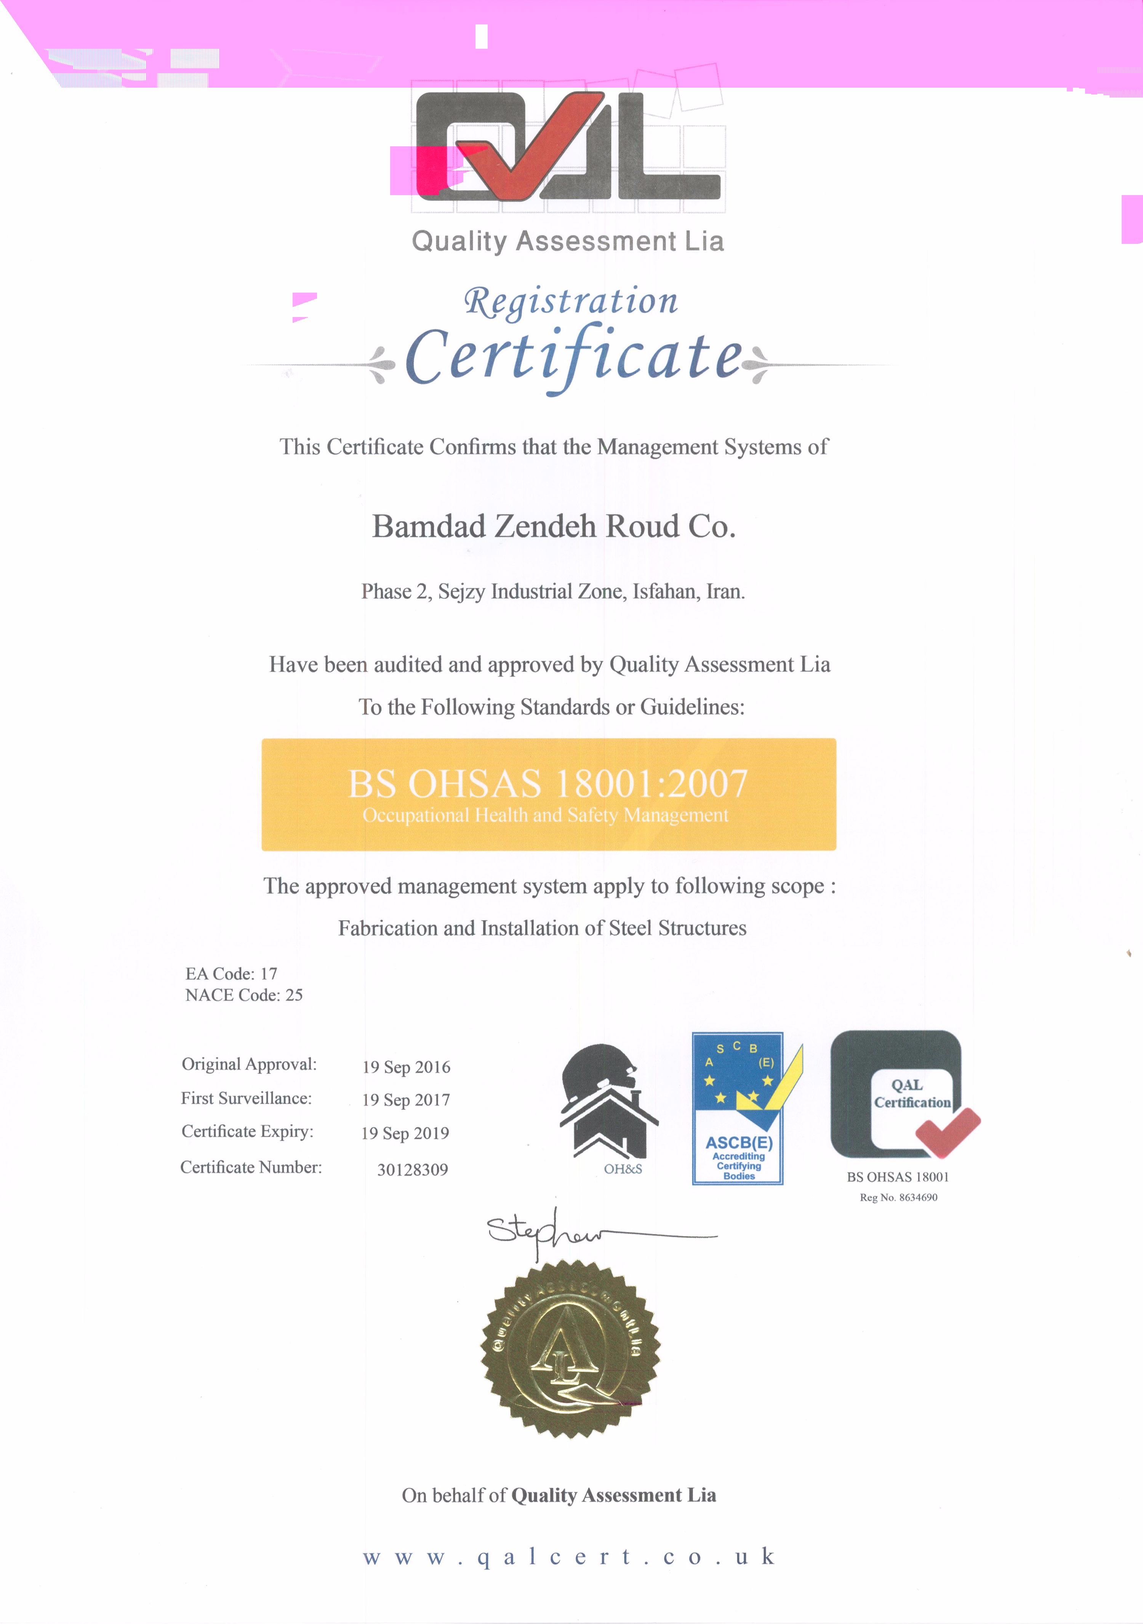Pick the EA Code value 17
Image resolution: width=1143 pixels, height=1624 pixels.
[x=269, y=974]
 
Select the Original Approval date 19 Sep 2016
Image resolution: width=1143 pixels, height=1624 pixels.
[x=406, y=1067]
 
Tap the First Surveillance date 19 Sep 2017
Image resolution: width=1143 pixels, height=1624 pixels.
[x=406, y=1100]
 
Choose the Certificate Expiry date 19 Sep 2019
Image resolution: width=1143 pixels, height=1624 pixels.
[x=405, y=1133]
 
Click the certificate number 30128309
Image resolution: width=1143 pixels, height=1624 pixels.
[x=412, y=1169]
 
